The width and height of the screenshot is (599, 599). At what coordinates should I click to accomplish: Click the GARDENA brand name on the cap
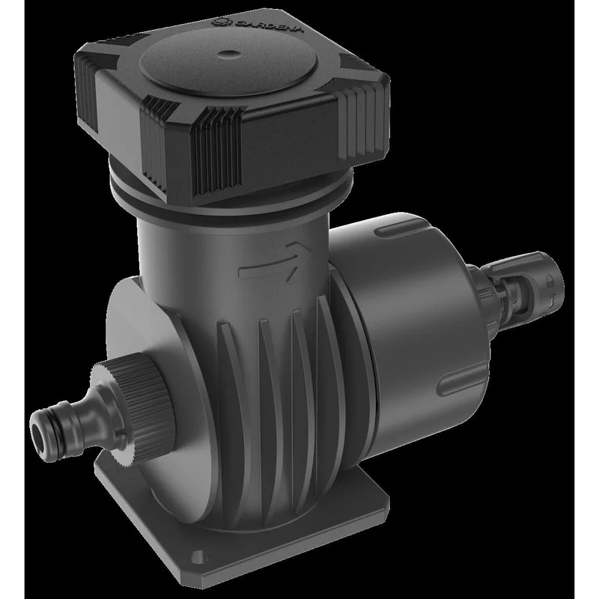pos(270,27)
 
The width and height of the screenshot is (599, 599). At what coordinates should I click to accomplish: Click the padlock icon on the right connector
pos(550,282)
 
